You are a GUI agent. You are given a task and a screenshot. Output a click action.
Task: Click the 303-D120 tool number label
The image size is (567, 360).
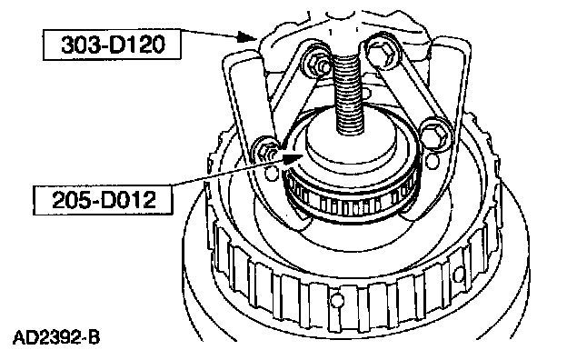click(112, 45)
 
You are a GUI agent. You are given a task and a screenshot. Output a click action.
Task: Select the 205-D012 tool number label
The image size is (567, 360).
click(103, 200)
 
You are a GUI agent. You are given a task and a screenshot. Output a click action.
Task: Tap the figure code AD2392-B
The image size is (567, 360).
click(56, 338)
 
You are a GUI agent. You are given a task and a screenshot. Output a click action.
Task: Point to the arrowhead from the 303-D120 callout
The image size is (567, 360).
click(247, 36)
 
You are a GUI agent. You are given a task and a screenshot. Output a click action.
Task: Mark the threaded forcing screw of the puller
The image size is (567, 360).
click(348, 95)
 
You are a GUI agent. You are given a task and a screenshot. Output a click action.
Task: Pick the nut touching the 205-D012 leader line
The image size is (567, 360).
click(266, 155)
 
